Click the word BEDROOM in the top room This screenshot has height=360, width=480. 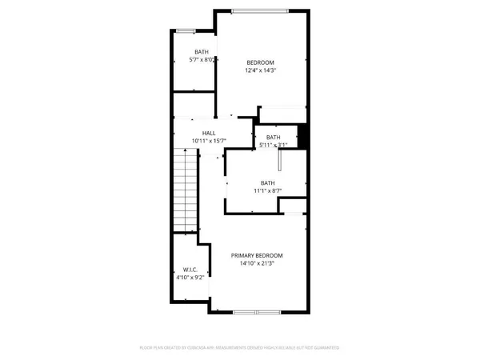[260, 63]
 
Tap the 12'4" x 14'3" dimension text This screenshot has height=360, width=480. [260, 71]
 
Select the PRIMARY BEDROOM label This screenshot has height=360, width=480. [257, 256]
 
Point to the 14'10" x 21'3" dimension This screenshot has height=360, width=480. [257, 264]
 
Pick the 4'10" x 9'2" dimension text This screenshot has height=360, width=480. [189, 278]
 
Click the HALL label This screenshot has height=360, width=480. [209, 133]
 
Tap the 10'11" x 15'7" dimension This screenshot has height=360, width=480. [209, 141]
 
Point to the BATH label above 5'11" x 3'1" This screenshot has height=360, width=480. [274, 138]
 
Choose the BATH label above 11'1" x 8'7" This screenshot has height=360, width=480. [266, 182]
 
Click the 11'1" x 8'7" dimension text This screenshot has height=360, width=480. [266, 190]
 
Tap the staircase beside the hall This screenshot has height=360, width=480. [186, 190]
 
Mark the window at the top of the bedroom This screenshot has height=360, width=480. [256, 10]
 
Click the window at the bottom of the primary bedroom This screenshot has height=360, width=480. [255, 311]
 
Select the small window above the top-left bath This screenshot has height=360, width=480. [186, 30]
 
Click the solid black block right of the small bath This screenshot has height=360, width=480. [302, 135]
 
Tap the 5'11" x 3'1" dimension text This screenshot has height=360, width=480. [274, 146]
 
